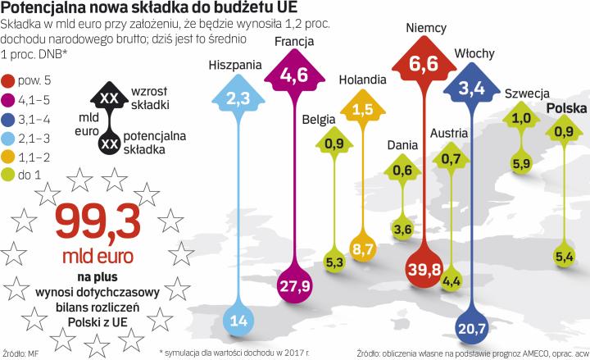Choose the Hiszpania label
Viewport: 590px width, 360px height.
pos(235,63)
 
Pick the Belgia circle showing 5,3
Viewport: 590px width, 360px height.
pos(334,262)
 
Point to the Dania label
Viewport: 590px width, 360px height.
pos(402,146)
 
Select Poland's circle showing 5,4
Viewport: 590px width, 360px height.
pos(563,257)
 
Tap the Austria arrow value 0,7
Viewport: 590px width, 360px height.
pos(450,158)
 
